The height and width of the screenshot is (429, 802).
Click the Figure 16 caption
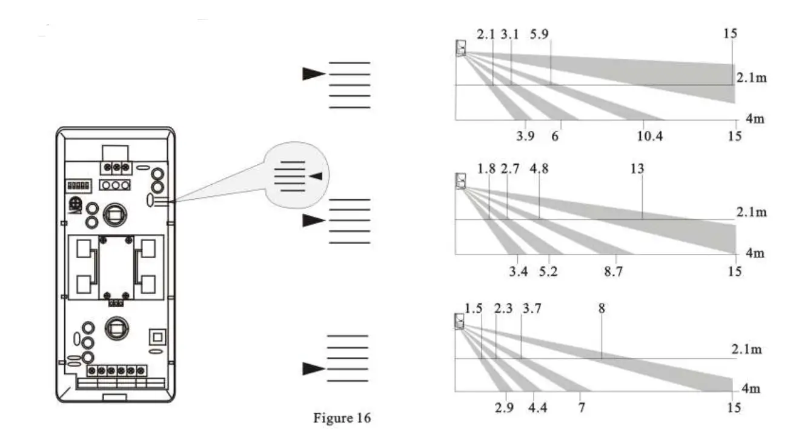coord(341,417)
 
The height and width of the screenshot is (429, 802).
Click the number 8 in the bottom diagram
coord(601,308)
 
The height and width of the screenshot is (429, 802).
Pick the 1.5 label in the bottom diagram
coord(474,308)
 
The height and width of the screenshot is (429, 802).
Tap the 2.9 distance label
coord(504,408)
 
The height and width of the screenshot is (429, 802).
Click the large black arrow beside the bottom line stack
coord(314,368)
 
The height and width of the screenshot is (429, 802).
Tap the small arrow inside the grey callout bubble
coord(316,176)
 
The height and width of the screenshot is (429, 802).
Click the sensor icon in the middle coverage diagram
coord(461,181)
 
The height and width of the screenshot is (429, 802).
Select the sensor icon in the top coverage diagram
coord(462,47)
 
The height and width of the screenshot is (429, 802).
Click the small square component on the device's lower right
coord(156,336)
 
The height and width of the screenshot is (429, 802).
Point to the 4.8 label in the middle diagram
coord(539,169)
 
